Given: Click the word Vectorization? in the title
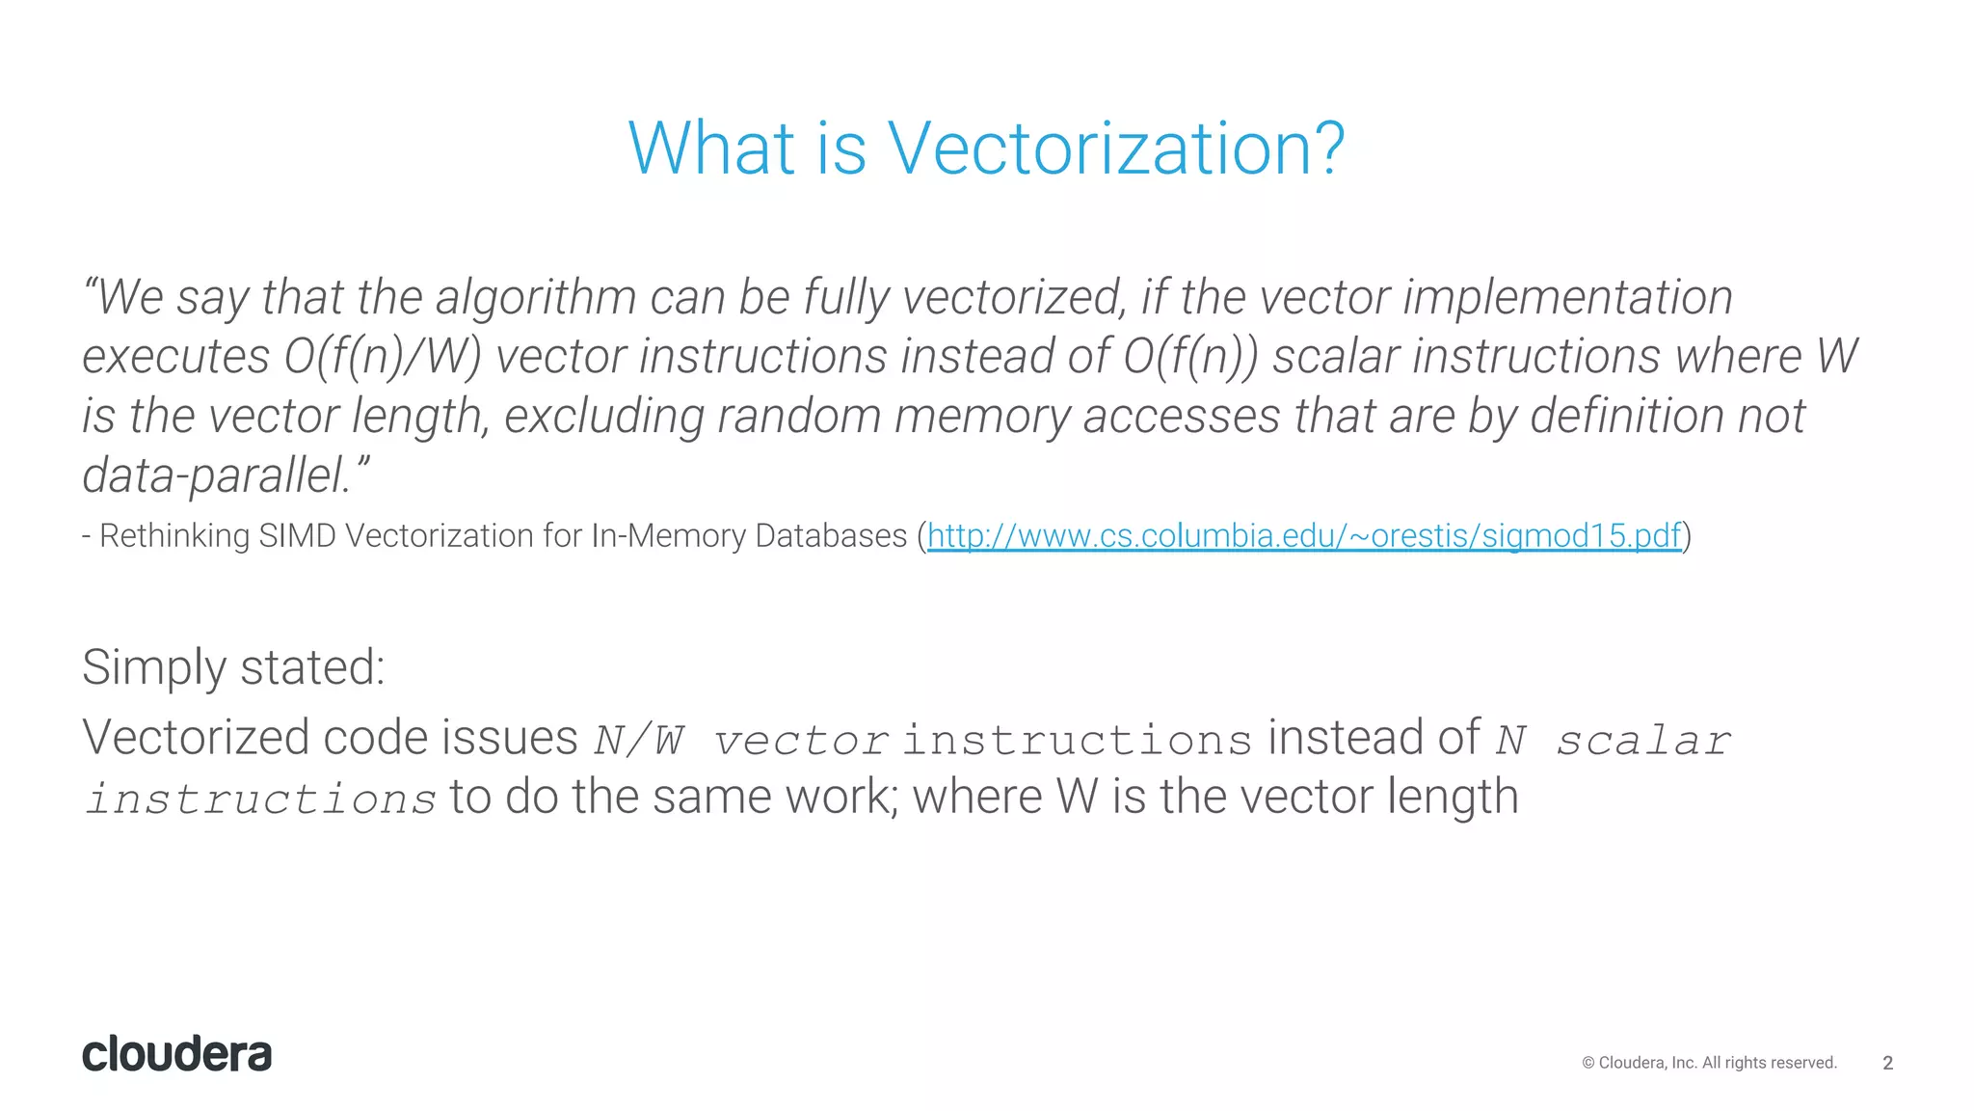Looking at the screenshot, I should point(1115,149).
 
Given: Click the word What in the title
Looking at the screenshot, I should point(711,149).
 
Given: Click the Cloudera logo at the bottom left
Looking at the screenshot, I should point(176,1054).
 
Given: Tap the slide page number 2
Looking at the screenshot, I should point(1887,1063).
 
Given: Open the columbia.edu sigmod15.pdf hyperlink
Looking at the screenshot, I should point(1303,535).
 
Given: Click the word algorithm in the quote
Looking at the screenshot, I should point(535,297).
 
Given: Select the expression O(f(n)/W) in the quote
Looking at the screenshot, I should point(383,357).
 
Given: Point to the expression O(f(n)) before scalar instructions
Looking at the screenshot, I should point(1190,357).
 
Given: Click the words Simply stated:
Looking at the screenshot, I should point(233,667).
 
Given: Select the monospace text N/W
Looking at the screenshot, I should point(639,741).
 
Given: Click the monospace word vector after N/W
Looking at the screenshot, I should point(800,741).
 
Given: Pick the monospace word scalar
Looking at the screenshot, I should point(1643,741).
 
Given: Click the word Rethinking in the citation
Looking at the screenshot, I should point(174,535).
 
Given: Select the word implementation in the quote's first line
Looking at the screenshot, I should point(1567,297).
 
